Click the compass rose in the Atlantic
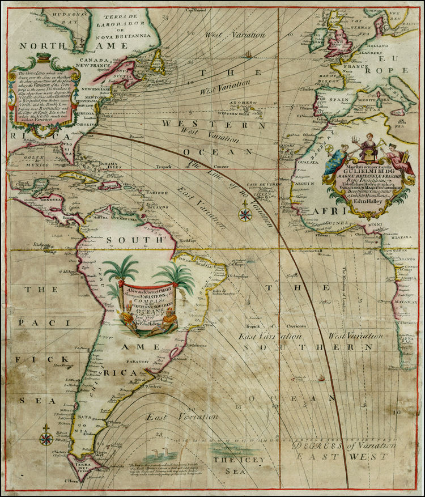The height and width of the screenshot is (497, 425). [x=245, y=215]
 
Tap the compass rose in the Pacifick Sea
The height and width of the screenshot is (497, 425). [x=46, y=437]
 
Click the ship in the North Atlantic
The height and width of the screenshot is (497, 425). [x=247, y=55]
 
